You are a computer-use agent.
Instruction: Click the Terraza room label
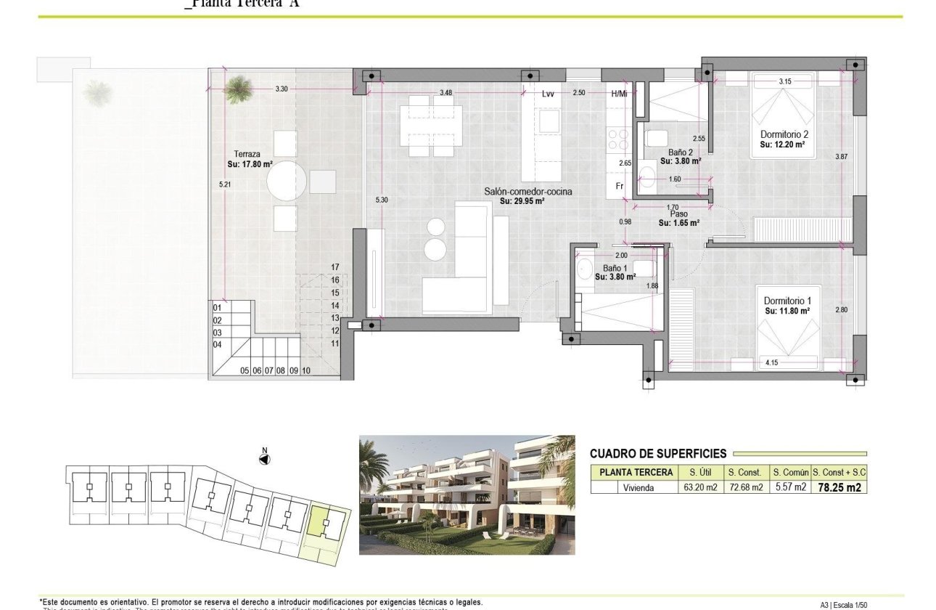[x=247, y=154]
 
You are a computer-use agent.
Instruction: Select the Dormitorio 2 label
[x=784, y=135]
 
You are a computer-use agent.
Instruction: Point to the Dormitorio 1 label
[x=787, y=301]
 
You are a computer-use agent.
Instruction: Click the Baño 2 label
[x=681, y=152]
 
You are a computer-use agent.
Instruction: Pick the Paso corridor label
[x=678, y=214]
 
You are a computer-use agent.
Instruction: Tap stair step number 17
[x=335, y=267]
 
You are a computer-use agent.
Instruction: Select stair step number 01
[x=217, y=308]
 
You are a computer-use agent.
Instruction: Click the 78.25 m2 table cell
[x=839, y=488]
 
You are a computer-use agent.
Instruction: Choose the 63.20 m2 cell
[x=700, y=488]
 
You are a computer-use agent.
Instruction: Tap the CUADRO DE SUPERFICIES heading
[x=657, y=454]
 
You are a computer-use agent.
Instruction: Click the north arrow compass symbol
[x=265, y=458]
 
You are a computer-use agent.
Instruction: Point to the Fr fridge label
[x=620, y=186]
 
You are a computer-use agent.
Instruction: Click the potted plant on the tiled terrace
[x=237, y=89]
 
